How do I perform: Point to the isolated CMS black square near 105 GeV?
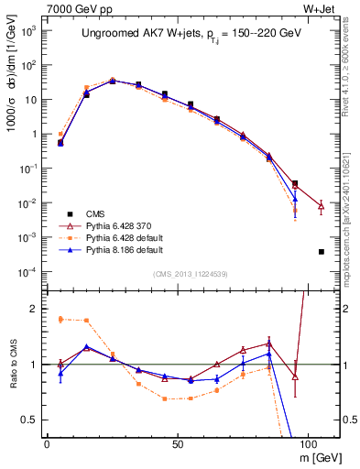point(322,252)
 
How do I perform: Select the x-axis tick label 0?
point(47,442)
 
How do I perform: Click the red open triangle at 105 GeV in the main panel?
point(322,206)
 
